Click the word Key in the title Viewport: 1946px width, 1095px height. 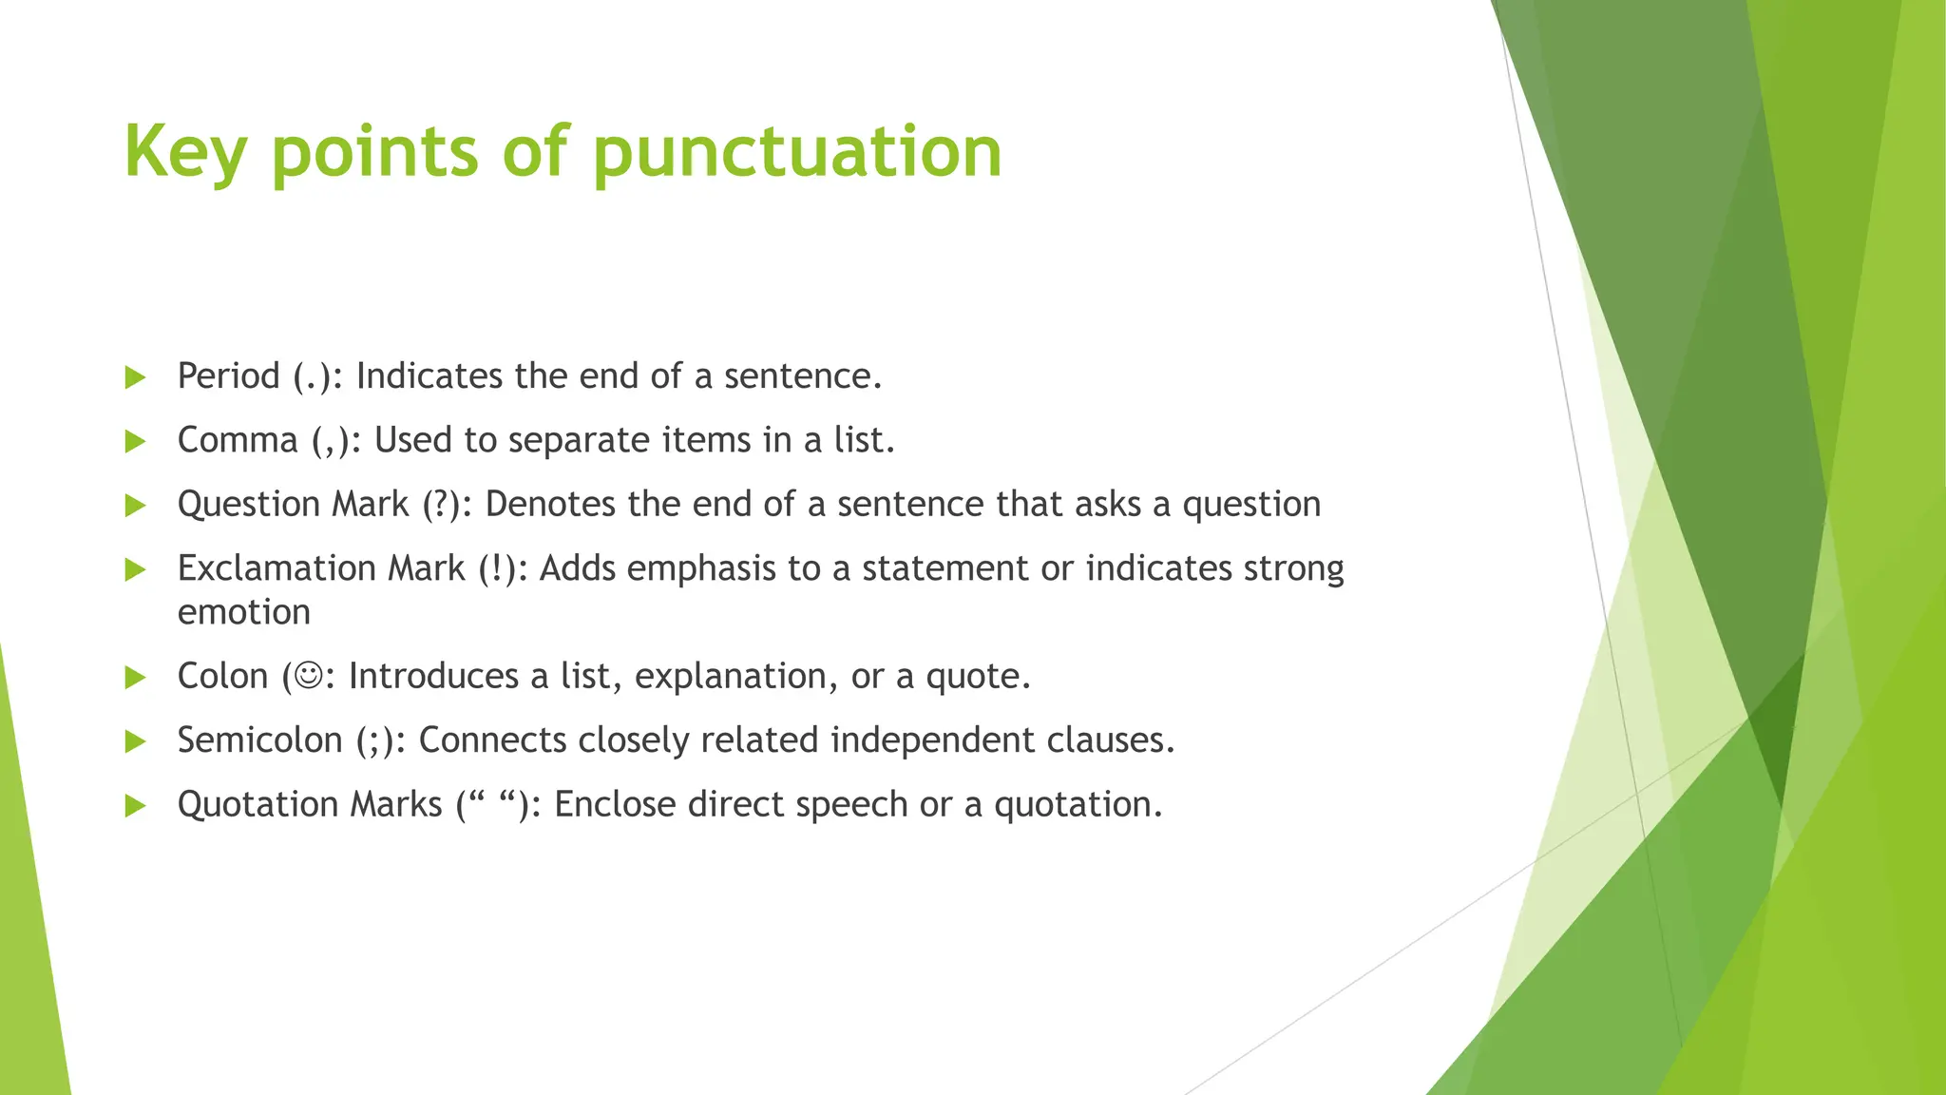pos(185,152)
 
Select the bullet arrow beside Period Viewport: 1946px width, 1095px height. pos(136,377)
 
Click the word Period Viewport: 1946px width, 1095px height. pos(228,376)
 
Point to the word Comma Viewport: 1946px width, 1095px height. pos(238,441)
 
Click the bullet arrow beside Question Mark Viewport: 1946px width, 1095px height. pos(136,506)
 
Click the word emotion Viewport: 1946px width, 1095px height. pos(244,612)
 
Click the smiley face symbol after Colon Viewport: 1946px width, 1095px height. pos(309,676)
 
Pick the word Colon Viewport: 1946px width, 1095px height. pos(222,676)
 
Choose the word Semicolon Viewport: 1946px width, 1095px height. pos(259,740)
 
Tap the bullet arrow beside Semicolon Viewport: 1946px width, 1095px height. pos(136,741)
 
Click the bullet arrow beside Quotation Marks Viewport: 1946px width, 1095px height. pos(136,806)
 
